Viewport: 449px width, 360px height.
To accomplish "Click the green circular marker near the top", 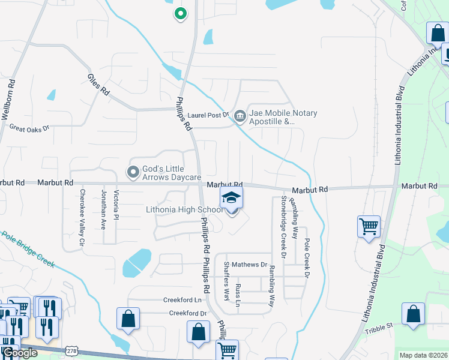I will click(179, 13).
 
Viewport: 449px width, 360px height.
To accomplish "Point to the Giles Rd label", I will click(98, 85).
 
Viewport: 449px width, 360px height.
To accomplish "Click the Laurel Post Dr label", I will click(208, 114).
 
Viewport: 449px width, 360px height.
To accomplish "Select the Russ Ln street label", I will click(238, 295).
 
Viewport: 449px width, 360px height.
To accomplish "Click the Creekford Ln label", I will click(182, 299).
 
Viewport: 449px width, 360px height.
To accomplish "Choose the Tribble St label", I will click(380, 325).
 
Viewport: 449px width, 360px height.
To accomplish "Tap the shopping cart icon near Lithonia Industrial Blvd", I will click(369, 226).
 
